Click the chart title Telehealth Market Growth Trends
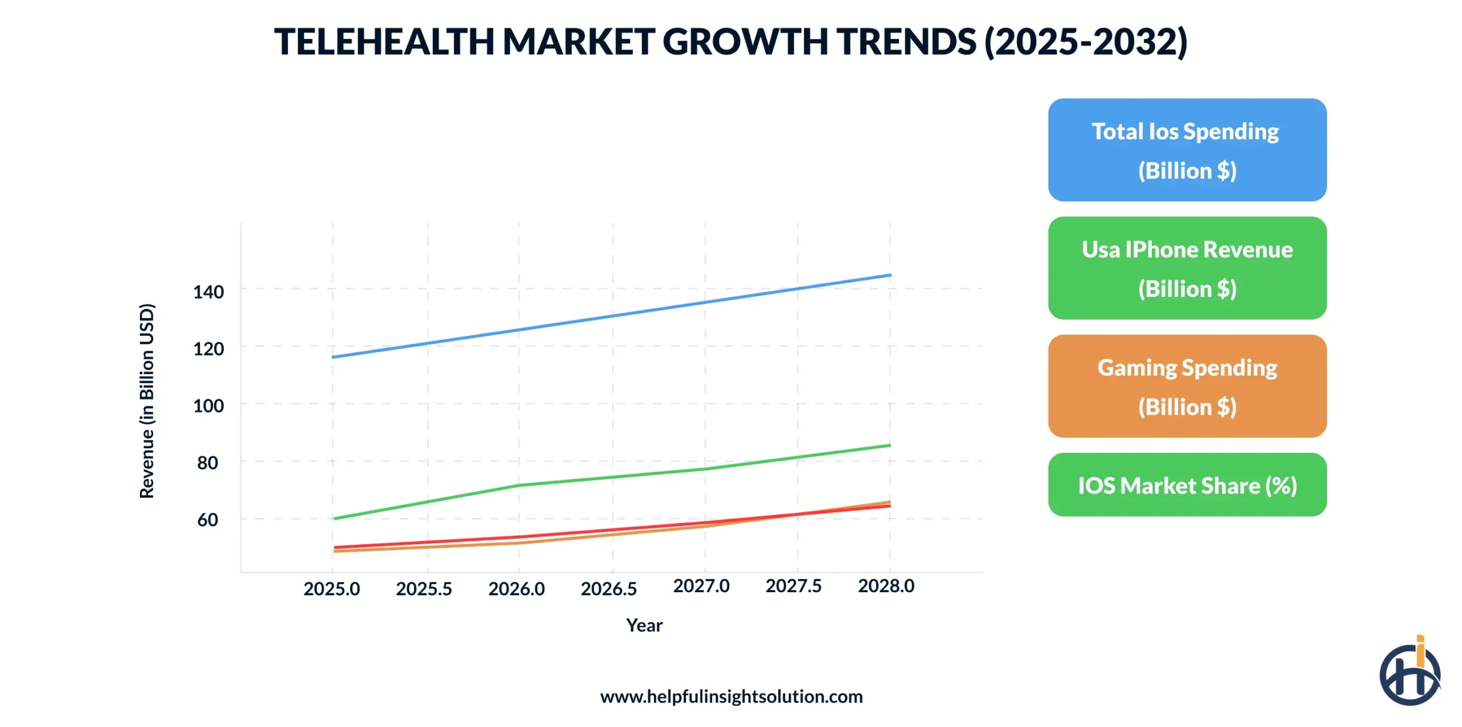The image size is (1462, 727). tap(730, 42)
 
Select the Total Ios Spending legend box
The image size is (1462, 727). tap(1187, 150)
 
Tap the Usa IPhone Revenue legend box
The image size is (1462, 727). tap(1187, 268)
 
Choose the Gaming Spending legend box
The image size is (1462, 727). tap(1187, 386)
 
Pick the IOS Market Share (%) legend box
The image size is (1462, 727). tap(1187, 485)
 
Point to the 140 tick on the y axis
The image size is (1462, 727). tap(208, 292)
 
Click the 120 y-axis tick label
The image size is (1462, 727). tap(208, 349)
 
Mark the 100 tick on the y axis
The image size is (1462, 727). tap(208, 406)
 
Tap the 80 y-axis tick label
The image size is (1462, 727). tap(208, 463)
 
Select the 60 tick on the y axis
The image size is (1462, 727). tap(208, 520)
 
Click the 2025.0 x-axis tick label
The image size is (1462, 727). tap(331, 588)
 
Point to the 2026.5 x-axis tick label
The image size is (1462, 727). tap(609, 588)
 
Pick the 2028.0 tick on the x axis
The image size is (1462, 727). tap(886, 585)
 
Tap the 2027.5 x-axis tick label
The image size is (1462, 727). tap(793, 585)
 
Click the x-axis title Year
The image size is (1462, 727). tap(644, 625)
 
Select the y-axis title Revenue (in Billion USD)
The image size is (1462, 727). tap(147, 401)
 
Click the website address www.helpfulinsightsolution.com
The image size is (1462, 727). tap(731, 696)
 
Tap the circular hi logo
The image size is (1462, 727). tap(1409, 674)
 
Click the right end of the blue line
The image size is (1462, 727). tap(890, 275)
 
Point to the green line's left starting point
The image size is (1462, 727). tap(334, 519)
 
